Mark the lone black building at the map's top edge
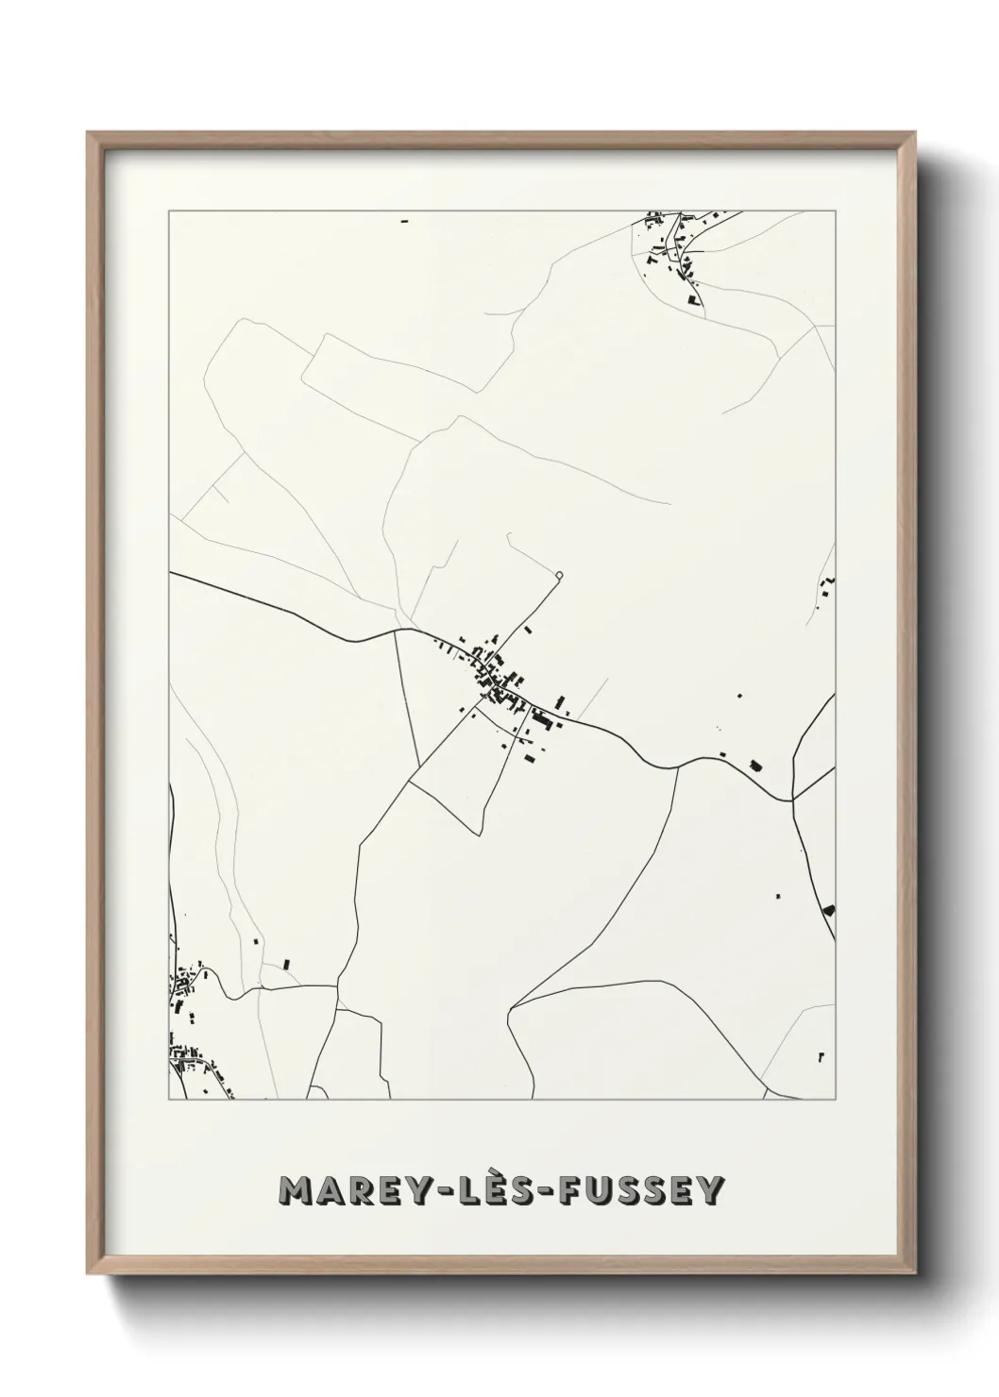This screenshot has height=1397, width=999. coord(405,221)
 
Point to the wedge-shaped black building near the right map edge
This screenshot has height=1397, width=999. coord(829,910)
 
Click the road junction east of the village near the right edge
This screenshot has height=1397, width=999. coord(793,799)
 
